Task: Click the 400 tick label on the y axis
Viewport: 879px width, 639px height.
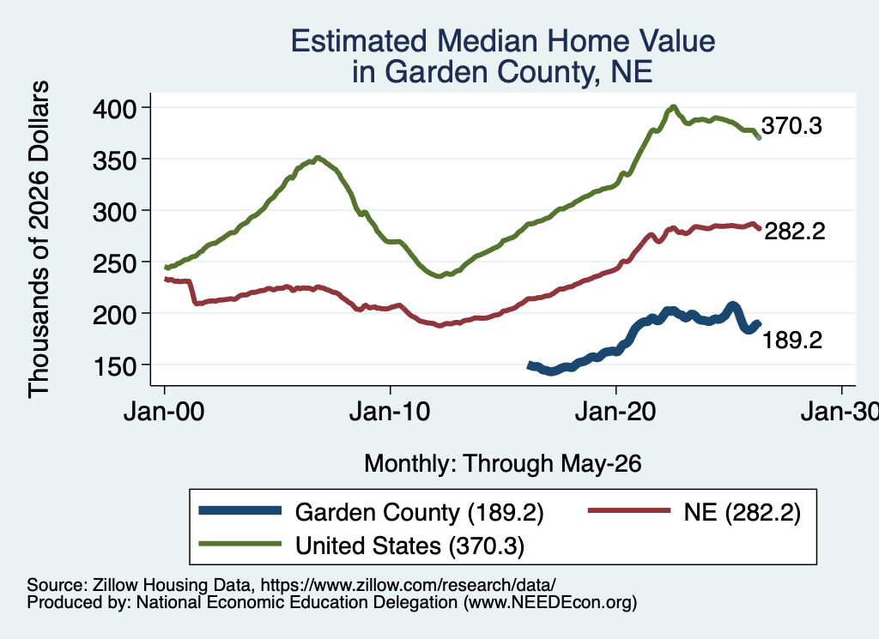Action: point(114,108)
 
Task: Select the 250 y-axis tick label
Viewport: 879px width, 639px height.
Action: point(114,263)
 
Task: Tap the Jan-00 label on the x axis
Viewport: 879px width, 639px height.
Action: point(164,412)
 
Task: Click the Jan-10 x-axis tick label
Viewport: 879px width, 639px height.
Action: point(390,412)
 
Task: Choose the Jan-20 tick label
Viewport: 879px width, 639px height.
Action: point(615,412)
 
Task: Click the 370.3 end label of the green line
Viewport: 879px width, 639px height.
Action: point(791,126)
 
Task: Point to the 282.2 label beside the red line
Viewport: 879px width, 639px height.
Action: point(795,231)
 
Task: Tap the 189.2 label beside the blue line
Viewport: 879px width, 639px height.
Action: point(792,340)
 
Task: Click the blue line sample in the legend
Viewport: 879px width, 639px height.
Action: point(240,510)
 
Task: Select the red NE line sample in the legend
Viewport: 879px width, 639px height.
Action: point(629,510)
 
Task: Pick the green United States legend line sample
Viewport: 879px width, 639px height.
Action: point(240,544)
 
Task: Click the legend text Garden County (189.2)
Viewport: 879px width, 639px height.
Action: point(419,512)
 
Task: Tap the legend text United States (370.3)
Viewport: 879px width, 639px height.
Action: point(409,546)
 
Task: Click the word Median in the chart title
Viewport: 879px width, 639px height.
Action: point(487,41)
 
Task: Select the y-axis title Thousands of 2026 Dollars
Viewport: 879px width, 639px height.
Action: point(39,239)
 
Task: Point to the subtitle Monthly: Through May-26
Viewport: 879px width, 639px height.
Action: point(503,464)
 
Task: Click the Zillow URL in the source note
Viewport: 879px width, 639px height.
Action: point(408,585)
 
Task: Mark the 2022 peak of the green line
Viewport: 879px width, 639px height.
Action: point(673,106)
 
